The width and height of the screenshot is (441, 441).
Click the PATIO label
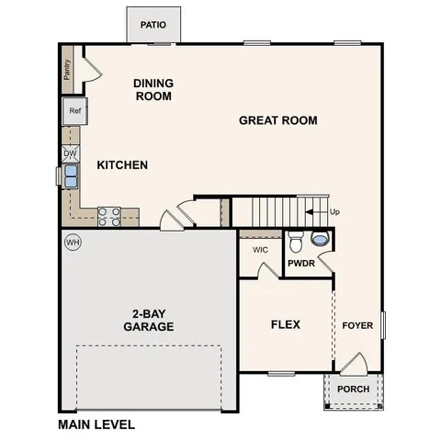point(153,25)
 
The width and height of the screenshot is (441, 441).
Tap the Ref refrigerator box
point(75,112)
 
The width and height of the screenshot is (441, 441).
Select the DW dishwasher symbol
point(70,153)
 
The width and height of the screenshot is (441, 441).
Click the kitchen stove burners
point(109,216)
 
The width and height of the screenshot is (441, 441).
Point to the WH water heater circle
point(73,243)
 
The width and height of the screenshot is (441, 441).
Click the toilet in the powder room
point(295,243)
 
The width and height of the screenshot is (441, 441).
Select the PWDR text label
point(301,264)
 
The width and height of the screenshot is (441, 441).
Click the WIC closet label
point(259,249)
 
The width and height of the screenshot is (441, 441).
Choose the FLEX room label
point(286,324)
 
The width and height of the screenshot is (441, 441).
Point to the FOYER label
point(357,325)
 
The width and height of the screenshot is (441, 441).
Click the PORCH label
point(354,389)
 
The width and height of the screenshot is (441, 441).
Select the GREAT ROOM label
point(278,120)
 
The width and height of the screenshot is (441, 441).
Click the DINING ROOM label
point(153,89)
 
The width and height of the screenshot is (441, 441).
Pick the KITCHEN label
point(122,165)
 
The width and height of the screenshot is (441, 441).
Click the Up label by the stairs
point(335,212)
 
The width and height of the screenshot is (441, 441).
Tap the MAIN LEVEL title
point(96,424)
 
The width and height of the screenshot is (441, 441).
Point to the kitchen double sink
point(71,175)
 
